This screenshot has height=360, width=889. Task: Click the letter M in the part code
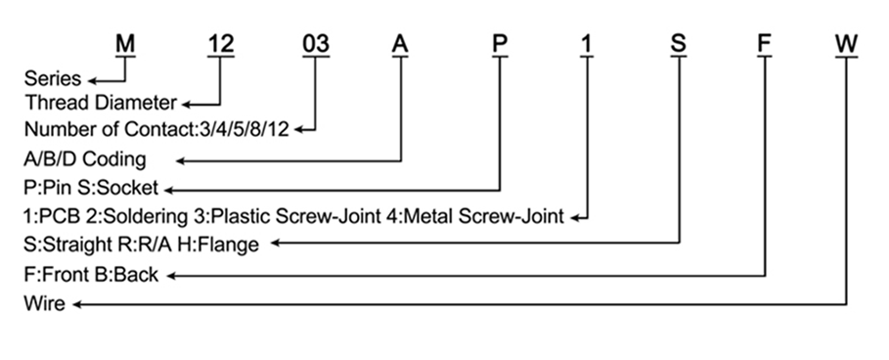coord(125,44)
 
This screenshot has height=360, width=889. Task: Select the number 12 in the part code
coord(221,44)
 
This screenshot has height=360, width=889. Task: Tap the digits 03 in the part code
coord(316,44)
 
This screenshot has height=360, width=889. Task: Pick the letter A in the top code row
coord(400,44)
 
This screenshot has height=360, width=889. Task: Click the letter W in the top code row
coord(846,44)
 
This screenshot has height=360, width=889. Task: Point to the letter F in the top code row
coord(765,44)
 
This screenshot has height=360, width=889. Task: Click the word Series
coord(53,78)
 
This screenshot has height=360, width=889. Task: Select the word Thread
coord(58,103)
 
